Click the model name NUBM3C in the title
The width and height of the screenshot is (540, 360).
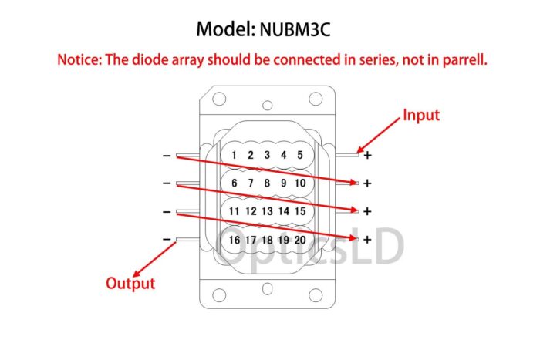click(x=295, y=29)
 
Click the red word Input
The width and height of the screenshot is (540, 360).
click(x=421, y=116)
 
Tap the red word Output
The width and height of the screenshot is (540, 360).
click(x=130, y=283)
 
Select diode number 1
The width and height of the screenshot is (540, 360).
click(x=235, y=155)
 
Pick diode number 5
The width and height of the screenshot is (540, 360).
click(x=300, y=155)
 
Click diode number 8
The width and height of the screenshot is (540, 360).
click(x=267, y=183)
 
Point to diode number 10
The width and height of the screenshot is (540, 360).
click(x=300, y=183)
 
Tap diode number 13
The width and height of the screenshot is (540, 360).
click(x=267, y=211)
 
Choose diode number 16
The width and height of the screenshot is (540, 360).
click(x=235, y=240)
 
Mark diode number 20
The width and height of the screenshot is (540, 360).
click(x=300, y=240)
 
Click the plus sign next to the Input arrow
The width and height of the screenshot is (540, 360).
click(x=367, y=155)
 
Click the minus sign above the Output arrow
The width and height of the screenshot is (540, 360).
click(x=167, y=239)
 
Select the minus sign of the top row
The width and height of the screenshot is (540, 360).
click(x=167, y=156)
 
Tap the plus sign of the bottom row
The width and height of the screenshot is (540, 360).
click(x=367, y=240)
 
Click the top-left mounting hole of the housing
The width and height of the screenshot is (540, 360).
click(x=219, y=99)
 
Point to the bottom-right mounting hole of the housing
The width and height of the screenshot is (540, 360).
click(x=316, y=295)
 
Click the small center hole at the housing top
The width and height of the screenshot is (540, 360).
click(x=267, y=105)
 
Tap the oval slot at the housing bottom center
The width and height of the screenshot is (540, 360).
click(x=267, y=288)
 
